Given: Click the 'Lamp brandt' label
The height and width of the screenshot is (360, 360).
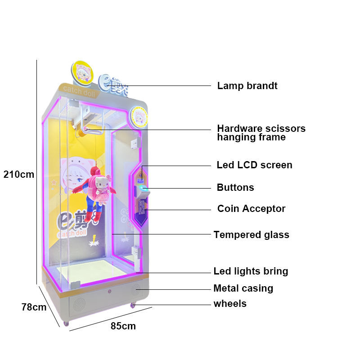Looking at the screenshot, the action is (247, 86).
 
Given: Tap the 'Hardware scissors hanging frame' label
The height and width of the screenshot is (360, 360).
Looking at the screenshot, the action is (261, 133).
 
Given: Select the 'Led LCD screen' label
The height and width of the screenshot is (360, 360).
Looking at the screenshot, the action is (254, 165).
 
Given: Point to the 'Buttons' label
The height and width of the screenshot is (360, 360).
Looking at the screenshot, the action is (235, 188).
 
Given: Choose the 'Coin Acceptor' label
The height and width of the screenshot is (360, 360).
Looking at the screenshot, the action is (251, 209).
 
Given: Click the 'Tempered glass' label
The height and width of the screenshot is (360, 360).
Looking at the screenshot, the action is (252, 235).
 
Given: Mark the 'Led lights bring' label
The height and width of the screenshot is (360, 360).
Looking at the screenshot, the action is (251, 271).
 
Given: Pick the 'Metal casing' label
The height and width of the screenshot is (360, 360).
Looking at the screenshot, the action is (243, 288).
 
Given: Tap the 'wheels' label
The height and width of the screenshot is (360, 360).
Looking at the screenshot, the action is (230, 303).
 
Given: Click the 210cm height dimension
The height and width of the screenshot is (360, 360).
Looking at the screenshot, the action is (19, 175).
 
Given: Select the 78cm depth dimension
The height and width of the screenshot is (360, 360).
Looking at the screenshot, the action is (34, 307).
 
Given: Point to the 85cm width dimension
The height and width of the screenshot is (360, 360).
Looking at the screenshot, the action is (123, 326).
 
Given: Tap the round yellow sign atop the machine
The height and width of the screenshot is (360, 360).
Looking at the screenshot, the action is (82, 73).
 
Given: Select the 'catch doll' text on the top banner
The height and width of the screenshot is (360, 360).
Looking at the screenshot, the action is (79, 91).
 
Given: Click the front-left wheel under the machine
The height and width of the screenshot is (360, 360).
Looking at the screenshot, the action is (66, 324).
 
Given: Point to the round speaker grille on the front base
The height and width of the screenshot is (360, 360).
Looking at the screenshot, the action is (80, 305).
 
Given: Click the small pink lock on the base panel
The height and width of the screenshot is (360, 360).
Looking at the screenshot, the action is (109, 292).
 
